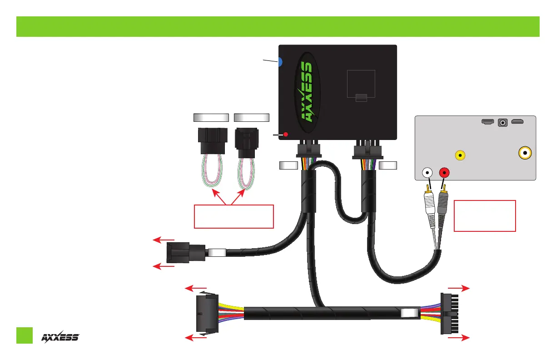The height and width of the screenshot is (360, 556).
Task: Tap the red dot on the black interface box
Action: point(286,135)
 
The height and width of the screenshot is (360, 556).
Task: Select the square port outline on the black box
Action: point(361,84)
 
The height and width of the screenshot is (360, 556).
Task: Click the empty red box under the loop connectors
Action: point(233,216)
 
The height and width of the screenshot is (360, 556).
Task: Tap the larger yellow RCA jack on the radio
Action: point(526,153)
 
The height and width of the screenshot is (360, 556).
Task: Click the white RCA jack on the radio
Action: point(427,173)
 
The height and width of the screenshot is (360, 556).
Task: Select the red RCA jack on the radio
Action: point(444,173)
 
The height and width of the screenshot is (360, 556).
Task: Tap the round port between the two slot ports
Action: point(503,122)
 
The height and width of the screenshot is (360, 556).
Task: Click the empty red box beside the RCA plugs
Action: point(485,215)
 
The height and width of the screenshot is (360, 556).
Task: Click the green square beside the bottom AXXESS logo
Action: point(25,335)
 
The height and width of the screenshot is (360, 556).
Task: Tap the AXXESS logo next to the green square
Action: point(60,336)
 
